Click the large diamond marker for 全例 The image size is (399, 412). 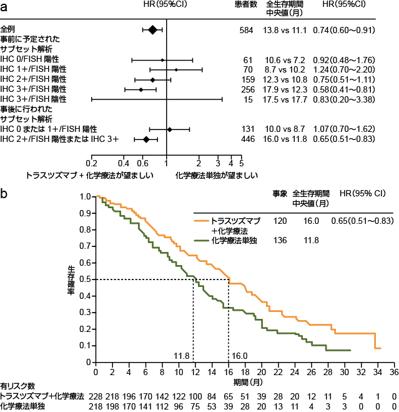(x=152, y=29)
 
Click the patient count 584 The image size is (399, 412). (x=247, y=29)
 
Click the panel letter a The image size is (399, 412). (x=4, y=6)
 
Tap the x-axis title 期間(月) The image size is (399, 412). (x=244, y=382)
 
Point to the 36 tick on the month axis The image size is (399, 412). (x=393, y=372)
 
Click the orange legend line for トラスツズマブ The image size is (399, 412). (x=201, y=221)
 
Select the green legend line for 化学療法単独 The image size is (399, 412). (x=201, y=239)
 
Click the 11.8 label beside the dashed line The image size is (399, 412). (x=182, y=356)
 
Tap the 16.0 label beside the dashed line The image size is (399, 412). (x=240, y=356)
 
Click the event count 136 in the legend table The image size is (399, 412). (x=280, y=239)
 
